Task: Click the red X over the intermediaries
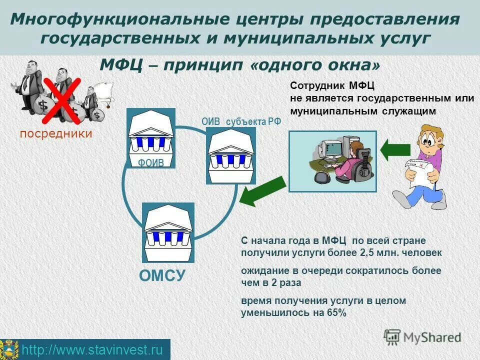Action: coord(62,100)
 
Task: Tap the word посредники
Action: coord(56,133)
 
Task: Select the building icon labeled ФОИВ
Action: coord(151,137)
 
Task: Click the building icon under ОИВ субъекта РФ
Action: coord(230,155)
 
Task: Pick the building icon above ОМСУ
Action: coord(167,232)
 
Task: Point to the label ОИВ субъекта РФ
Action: coord(241,121)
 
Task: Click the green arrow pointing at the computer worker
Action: coord(396,149)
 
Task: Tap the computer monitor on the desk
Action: coord(331,148)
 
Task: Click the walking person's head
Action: coord(430,137)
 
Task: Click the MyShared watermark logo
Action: coord(422,337)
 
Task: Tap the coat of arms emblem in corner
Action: coord(9,349)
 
